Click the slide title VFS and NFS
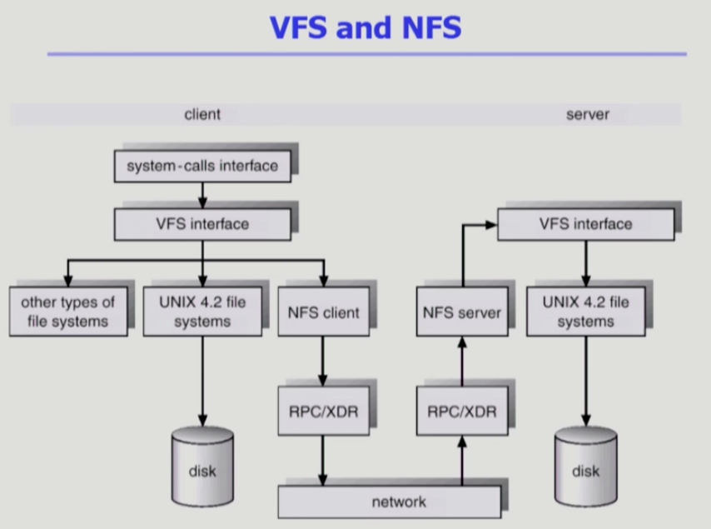pos(365,27)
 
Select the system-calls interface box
pos(202,166)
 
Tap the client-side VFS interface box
pos(202,224)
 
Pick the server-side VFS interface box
pos(585,224)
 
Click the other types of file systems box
pos(68,312)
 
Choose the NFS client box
pos(323,312)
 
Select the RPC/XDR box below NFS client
pos(323,411)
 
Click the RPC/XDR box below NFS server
pos(461,411)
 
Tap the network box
pos(390,502)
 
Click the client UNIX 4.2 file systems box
pos(202,312)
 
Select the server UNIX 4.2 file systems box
pos(585,312)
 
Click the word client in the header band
pos(202,114)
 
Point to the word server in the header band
pos(587,114)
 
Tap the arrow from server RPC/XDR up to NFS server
pos(461,362)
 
